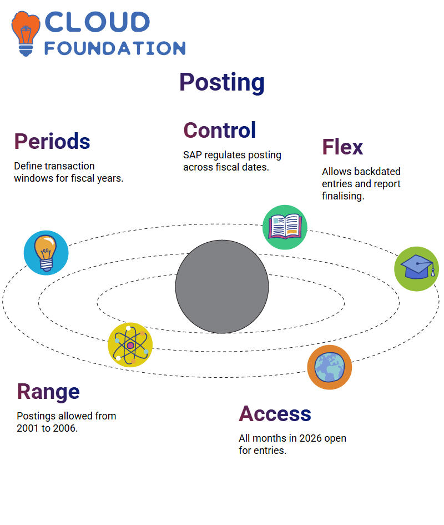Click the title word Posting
click(222, 82)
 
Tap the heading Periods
click(52, 141)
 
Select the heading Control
click(219, 130)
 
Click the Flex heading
click(342, 147)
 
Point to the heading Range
click(48, 392)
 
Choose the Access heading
click(275, 413)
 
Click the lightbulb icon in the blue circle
click(46, 253)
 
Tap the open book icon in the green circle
click(285, 227)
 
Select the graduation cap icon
click(417, 269)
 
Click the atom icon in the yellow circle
click(130, 345)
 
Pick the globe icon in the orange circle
click(330, 367)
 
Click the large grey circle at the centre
click(222, 287)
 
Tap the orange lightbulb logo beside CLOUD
click(26, 33)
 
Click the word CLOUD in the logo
click(97, 22)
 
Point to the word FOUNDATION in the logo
click(115, 48)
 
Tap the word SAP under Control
click(193, 155)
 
